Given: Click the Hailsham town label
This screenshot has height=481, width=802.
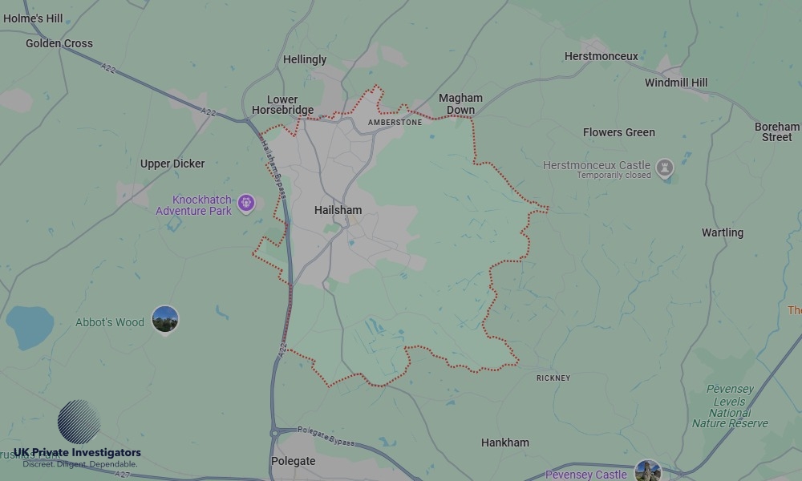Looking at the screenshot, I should pyautogui.click(x=338, y=210).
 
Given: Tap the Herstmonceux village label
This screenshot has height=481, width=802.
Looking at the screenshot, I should pyautogui.click(x=601, y=56).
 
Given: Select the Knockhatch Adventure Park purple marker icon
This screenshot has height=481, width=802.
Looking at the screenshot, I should pyautogui.click(x=246, y=202).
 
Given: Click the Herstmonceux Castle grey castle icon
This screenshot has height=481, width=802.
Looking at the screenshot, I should pyautogui.click(x=664, y=168).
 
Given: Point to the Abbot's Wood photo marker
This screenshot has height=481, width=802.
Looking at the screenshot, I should pyautogui.click(x=165, y=319).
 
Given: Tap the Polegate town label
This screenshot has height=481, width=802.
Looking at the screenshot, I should pyautogui.click(x=294, y=462).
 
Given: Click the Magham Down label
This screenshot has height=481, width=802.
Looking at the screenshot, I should pyautogui.click(x=460, y=104).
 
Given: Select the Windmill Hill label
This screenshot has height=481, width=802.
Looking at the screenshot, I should pyautogui.click(x=676, y=83).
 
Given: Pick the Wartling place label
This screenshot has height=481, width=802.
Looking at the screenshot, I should pyautogui.click(x=723, y=232).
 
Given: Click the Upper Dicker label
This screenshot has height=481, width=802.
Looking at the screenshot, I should pyautogui.click(x=172, y=164).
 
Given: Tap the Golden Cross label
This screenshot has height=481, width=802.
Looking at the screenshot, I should pyautogui.click(x=59, y=43).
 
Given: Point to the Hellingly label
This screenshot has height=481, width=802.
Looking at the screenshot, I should pyautogui.click(x=305, y=59).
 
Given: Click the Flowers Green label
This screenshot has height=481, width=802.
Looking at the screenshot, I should pyautogui.click(x=619, y=132).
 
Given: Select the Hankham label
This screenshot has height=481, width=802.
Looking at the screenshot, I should pyautogui.click(x=505, y=443).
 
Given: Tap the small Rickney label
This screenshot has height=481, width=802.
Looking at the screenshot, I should pyautogui.click(x=553, y=378).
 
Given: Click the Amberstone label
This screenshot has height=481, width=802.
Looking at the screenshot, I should pyautogui.click(x=395, y=123).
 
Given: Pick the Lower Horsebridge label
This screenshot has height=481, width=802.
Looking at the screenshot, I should pyautogui.click(x=282, y=105).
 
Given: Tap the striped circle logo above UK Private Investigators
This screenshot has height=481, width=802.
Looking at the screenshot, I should pyautogui.click(x=79, y=422).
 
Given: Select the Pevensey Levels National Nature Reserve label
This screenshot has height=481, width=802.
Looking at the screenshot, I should pyautogui.click(x=730, y=406).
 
